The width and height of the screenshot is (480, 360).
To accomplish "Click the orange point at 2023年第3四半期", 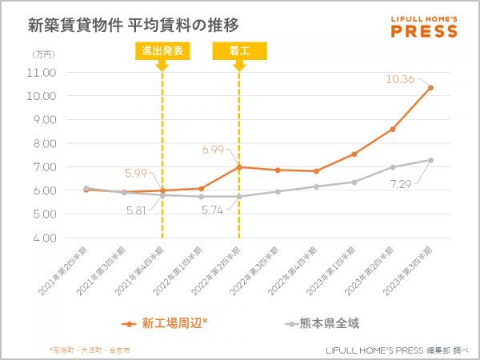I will pos(431,88).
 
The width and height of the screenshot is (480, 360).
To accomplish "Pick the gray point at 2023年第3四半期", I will pos(431,160).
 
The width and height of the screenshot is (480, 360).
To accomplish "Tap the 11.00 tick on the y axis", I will pos(42,73).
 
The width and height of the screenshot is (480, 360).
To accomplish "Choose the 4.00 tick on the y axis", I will pos(42,238).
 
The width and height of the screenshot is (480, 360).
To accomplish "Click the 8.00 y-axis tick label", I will pos(42,143).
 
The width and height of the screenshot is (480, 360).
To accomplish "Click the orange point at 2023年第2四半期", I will pos(392,129).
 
